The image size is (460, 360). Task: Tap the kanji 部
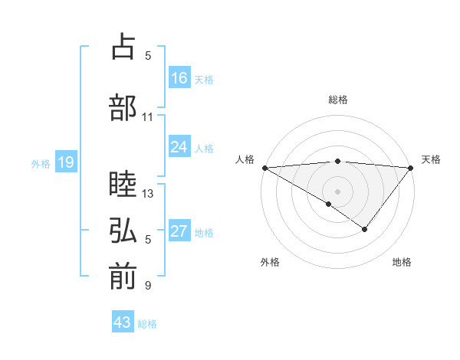[123, 107]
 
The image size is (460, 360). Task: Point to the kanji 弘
[123, 231]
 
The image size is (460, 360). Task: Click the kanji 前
[123, 277]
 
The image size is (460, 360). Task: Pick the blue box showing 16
[179, 78]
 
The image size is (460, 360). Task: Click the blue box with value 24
[179, 147]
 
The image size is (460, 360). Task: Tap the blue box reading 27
[179, 231]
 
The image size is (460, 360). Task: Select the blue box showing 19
[65, 162]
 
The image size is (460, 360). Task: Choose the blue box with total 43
[123, 322]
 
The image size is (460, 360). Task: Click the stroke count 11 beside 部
[147, 117]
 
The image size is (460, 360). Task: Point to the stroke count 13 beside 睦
[148, 194]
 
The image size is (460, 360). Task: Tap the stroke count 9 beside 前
[147, 286]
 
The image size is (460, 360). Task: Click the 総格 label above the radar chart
[337, 100]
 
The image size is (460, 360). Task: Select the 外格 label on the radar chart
[270, 263]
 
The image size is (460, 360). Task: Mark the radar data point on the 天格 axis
[411, 167]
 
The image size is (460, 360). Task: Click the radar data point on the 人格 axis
[264, 167]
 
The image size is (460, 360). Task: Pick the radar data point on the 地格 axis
[365, 229]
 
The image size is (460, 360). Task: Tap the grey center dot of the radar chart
[337, 191]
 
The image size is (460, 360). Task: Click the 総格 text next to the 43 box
[147, 324]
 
